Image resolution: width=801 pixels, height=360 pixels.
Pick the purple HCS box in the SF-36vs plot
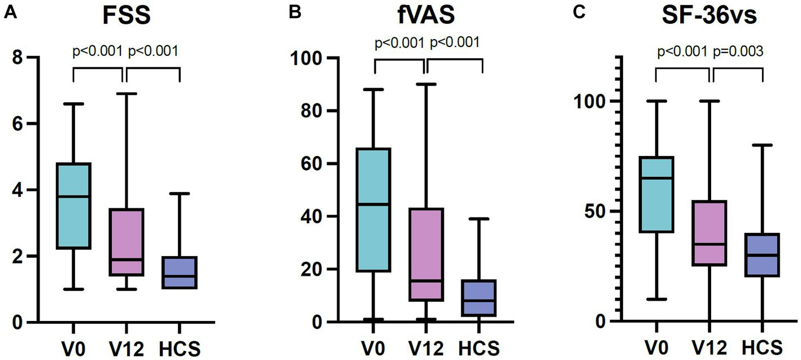tap(763, 255)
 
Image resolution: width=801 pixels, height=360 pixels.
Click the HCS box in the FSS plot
tap(179, 272)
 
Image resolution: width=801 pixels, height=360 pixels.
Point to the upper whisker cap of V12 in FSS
tap(125, 94)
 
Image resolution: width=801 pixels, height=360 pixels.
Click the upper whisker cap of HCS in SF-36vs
tap(763, 145)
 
